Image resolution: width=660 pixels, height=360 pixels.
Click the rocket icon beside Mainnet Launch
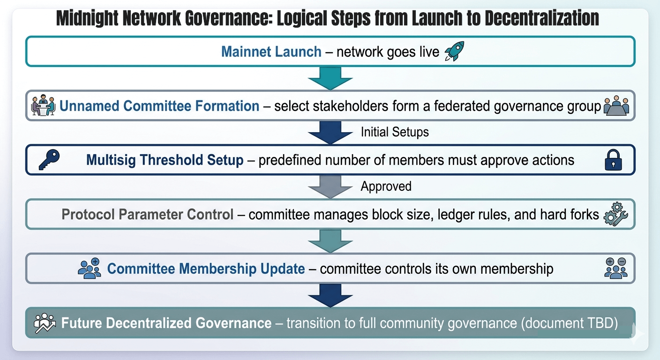point(454,52)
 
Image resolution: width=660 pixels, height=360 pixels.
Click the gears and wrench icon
point(616,215)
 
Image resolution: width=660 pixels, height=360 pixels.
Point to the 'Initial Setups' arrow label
point(395,132)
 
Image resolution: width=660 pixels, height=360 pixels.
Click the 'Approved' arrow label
point(386,186)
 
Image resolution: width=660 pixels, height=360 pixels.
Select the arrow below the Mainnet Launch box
point(330,78)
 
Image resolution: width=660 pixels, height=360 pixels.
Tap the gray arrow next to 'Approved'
point(330,187)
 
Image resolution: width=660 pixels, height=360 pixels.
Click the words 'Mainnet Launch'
point(271,52)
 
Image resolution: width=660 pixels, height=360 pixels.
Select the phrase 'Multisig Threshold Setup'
point(165,160)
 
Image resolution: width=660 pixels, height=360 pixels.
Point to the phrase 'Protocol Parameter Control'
point(147,215)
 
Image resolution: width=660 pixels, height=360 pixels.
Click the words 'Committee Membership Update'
point(206,269)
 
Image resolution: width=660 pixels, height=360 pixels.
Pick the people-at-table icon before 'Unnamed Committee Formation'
point(43,105)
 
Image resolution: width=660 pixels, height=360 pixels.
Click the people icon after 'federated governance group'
point(615,106)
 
